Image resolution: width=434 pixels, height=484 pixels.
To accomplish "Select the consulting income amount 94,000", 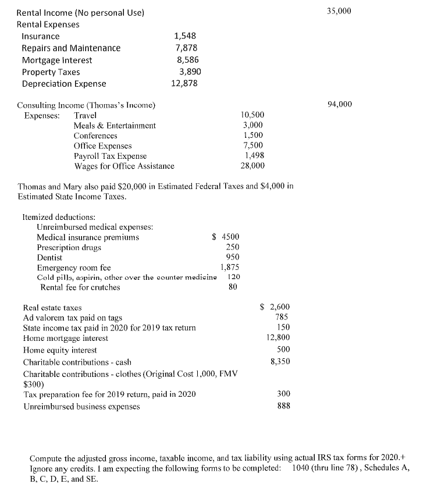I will click(x=340, y=104).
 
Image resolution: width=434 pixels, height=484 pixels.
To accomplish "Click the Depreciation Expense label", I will click(x=64, y=84).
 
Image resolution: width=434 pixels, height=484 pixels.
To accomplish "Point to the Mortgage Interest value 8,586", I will click(x=187, y=60).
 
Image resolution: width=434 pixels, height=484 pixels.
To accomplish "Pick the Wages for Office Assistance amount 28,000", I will click(x=252, y=166).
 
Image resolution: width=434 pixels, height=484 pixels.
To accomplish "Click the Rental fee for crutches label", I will click(x=80, y=287).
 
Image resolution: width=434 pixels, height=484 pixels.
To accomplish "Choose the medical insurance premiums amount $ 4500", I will click(x=226, y=237).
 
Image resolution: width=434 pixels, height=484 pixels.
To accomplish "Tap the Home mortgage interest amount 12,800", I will click(x=278, y=337).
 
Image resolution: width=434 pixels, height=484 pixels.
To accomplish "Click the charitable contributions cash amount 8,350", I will click(x=280, y=361).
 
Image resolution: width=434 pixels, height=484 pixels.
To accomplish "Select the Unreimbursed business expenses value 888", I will click(x=283, y=405).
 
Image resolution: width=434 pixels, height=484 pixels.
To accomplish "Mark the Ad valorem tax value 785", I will click(x=283, y=317).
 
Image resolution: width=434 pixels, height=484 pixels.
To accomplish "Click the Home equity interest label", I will click(x=60, y=350).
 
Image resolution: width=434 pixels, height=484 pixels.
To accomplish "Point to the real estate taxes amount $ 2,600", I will click(x=275, y=307).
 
